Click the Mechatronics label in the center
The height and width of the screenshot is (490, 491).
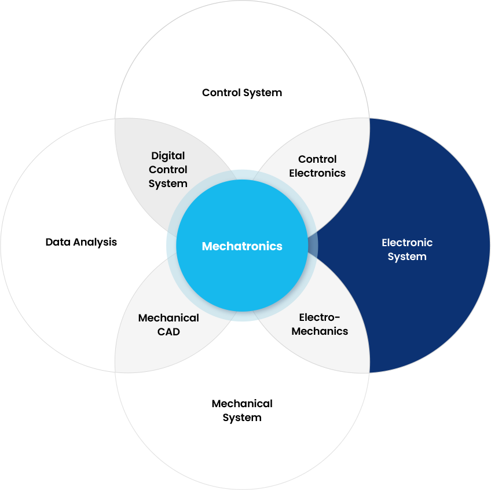coord(242,246)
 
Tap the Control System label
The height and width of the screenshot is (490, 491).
coord(242,93)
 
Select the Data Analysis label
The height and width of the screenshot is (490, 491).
coord(81,242)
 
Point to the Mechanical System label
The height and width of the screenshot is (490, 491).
coord(242,411)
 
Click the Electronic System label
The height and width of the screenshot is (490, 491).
coord(407,250)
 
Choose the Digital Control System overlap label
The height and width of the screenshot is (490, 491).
coord(168,170)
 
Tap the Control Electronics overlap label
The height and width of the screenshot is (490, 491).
coord(317,166)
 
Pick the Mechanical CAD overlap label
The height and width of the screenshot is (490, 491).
coord(168,325)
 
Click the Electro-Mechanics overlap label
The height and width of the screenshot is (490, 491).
coord(320,324)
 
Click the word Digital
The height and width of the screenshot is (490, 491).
coord(168,156)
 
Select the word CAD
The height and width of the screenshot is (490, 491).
coord(168,332)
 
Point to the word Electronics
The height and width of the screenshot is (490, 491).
coord(317,173)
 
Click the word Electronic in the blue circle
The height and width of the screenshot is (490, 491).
coord(407,243)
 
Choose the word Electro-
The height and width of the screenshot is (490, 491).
coord(320,317)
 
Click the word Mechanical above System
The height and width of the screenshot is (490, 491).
coord(242,404)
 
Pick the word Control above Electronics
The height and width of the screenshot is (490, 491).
coord(317,159)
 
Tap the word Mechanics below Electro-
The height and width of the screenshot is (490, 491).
coord(320,331)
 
